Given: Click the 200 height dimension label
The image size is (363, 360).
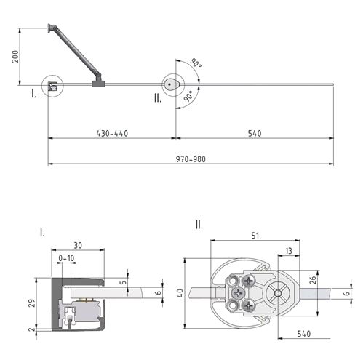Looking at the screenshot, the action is coord(15,57).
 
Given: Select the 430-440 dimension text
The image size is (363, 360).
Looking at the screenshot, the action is coord(112,134).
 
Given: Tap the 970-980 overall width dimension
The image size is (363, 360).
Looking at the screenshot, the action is coord(191,159).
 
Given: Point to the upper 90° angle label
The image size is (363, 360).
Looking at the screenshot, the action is coord(196,63).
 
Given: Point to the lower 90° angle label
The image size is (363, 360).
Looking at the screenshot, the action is coord(188,96).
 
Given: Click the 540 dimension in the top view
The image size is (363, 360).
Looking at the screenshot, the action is coord(255,134).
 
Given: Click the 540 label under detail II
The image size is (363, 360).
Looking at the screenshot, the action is coord(304,334).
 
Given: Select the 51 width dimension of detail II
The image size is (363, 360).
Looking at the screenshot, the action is coord(255,236).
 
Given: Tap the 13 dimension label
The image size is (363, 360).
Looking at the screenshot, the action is coord(289,251).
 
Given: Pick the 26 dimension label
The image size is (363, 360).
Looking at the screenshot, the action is coord(314,280).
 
